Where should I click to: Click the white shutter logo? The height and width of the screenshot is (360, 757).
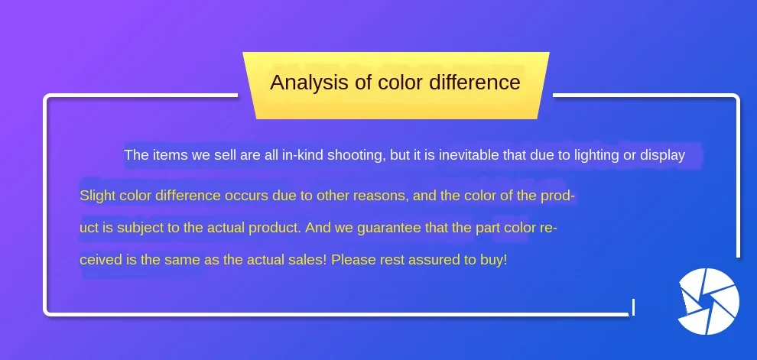(708, 302)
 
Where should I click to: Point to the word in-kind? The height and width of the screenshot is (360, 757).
(304, 155)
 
